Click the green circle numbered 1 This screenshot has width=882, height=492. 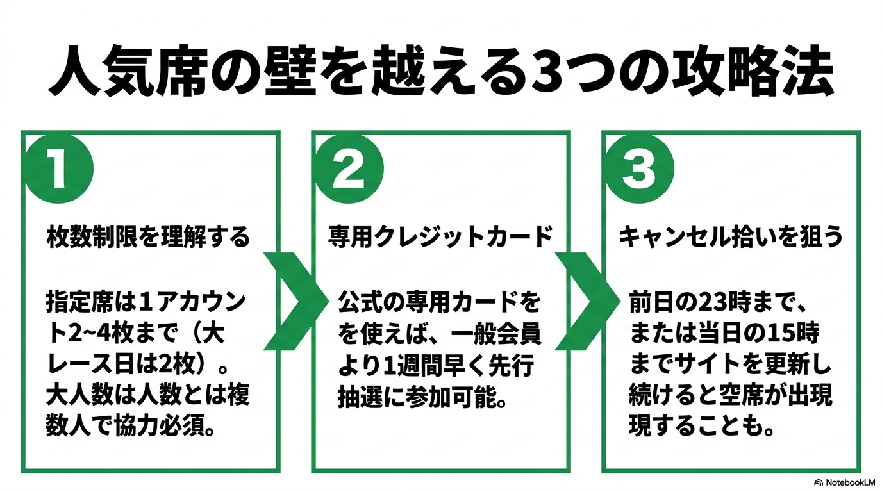pos(59,169)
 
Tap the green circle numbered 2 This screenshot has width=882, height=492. pos(349,169)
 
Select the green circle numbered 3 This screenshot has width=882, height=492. pos(640,169)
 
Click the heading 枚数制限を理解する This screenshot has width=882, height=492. pos(148,236)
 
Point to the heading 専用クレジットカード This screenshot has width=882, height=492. pos(440,236)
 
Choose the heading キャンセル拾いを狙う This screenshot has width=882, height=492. pos(731,236)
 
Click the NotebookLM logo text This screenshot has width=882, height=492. pos(847,482)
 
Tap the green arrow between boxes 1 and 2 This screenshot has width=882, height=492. pos(295,301)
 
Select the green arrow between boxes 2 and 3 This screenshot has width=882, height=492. pos(587,301)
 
